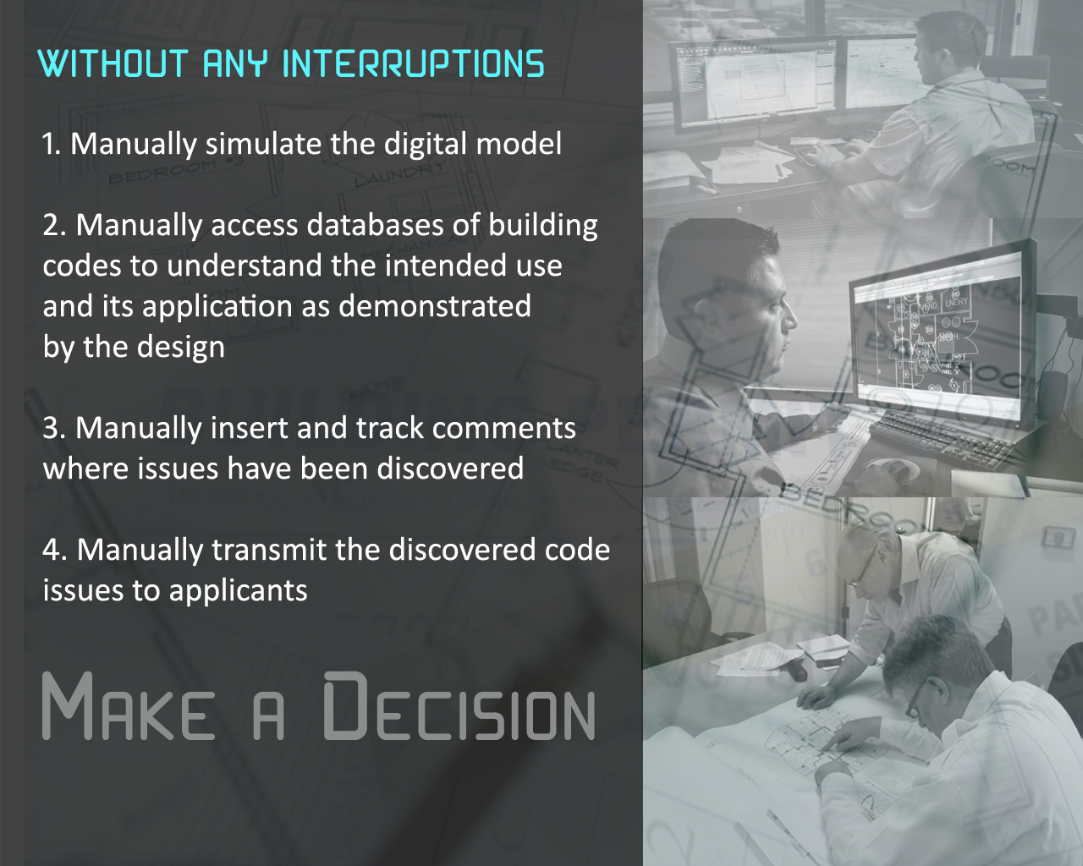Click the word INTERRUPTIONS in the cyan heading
click(x=413, y=63)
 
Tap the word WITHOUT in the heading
click(x=113, y=63)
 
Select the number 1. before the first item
click(x=52, y=145)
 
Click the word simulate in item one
click(x=263, y=144)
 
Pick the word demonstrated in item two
click(x=434, y=306)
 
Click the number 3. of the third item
click(x=54, y=428)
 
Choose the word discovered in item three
click(x=450, y=469)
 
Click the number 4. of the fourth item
click(x=55, y=550)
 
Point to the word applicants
click(x=238, y=592)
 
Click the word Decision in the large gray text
click(x=459, y=706)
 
